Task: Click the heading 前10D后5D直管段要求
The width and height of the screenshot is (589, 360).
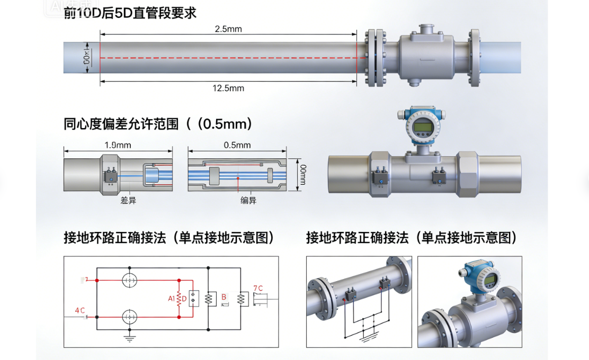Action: [130, 13]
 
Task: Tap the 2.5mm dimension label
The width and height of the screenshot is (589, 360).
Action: [228, 29]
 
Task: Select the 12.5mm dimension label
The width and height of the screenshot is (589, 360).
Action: [228, 88]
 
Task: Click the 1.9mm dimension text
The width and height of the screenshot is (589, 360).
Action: [118, 145]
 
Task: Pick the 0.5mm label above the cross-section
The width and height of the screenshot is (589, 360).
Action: [237, 145]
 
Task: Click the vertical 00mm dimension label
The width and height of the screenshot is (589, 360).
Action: [303, 175]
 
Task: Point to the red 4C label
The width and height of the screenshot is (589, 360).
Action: [80, 310]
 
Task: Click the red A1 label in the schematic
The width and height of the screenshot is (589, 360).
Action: [172, 299]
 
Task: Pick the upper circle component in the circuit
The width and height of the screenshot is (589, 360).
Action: [129, 280]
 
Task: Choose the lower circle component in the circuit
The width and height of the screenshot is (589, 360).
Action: [129, 317]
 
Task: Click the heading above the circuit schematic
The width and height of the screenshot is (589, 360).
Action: [169, 238]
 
